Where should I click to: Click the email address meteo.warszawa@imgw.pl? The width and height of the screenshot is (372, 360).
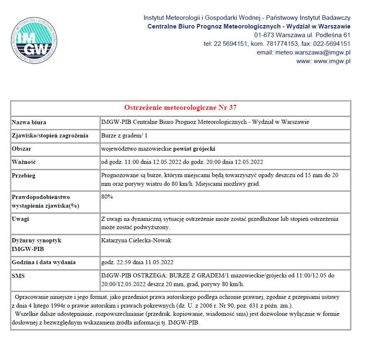[x=303, y=52]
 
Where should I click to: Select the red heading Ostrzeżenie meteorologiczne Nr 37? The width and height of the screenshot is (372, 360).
[x=181, y=108]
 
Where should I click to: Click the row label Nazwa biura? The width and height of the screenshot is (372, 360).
[x=29, y=122]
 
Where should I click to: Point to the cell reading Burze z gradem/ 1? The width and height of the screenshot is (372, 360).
[x=124, y=135]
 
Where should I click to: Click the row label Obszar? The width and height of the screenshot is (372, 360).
[x=21, y=149]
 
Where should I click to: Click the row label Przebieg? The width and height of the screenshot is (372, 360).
[x=24, y=175]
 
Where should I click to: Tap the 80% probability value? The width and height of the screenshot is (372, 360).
[x=107, y=197]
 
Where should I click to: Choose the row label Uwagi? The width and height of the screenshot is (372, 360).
[x=20, y=219]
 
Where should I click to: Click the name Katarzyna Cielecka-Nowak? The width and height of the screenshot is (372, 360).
[x=136, y=240]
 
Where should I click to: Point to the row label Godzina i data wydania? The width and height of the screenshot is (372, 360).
[x=44, y=262]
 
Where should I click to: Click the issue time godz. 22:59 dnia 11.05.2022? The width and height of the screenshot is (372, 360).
[x=137, y=262]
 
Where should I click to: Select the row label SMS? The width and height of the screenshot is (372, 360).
[x=18, y=276]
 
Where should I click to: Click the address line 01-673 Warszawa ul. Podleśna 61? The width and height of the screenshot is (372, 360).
[x=302, y=35]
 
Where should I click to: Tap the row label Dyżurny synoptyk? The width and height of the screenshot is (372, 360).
[x=36, y=240]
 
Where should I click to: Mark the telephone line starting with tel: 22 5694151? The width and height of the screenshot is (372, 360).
[x=277, y=44]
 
